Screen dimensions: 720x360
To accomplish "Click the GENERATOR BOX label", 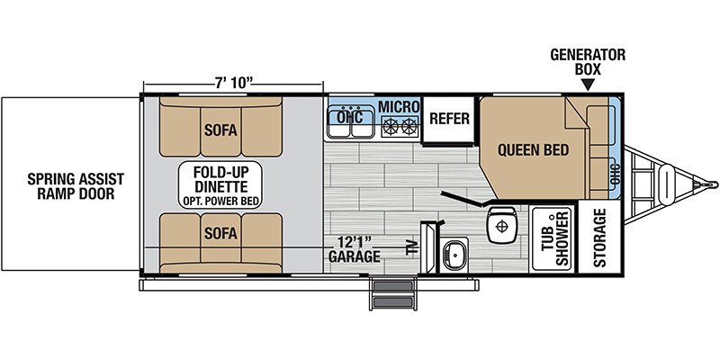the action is click(x=588, y=61).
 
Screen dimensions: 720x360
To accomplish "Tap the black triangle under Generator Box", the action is click(x=588, y=85).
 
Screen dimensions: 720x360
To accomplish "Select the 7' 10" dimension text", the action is click(x=234, y=83).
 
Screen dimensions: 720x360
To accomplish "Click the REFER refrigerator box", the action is click(x=448, y=120).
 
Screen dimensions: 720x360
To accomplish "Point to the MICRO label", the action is click(x=399, y=106).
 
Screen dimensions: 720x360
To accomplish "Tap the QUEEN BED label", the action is click(x=533, y=150).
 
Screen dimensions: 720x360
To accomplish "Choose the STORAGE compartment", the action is click(x=599, y=238).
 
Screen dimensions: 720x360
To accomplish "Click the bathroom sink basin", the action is click(x=454, y=254).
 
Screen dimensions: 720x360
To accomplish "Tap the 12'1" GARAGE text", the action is click(x=354, y=248).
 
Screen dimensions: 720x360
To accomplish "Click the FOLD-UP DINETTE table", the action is click(x=220, y=185).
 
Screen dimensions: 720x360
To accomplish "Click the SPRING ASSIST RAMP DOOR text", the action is click(x=76, y=185).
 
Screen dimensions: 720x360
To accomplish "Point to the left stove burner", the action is click(x=391, y=126).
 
